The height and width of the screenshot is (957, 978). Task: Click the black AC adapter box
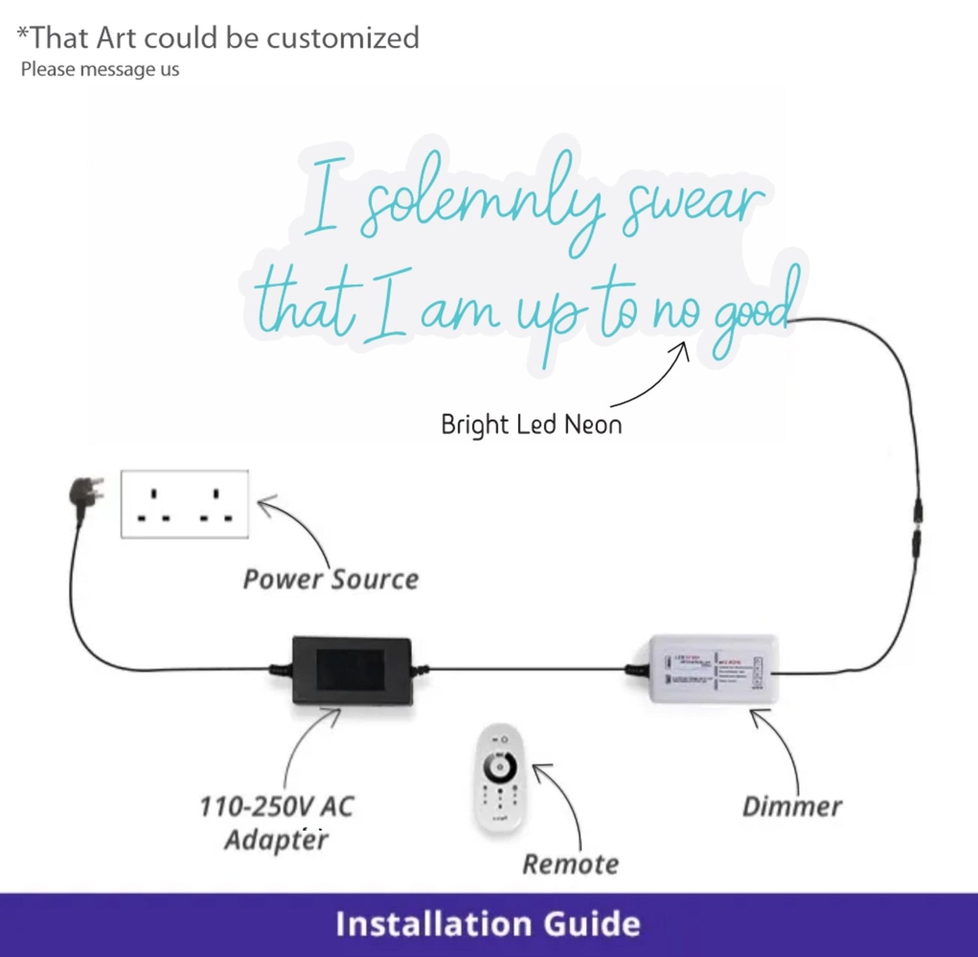point(351,671)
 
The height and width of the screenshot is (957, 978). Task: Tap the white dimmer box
point(713,670)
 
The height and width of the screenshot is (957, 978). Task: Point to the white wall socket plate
point(185,504)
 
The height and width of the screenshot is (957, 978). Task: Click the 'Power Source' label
point(331,580)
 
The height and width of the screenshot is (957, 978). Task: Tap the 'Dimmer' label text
point(792,807)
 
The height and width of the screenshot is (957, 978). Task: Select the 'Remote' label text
point(570,864)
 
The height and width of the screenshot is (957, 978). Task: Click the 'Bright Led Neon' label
point(531,425)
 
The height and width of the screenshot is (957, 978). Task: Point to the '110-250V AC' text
point(276,807)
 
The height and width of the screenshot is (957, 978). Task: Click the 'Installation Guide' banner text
point(488,924)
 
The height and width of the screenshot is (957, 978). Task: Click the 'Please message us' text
point(100,69)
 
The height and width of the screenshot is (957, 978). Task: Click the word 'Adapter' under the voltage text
point(276,840)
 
